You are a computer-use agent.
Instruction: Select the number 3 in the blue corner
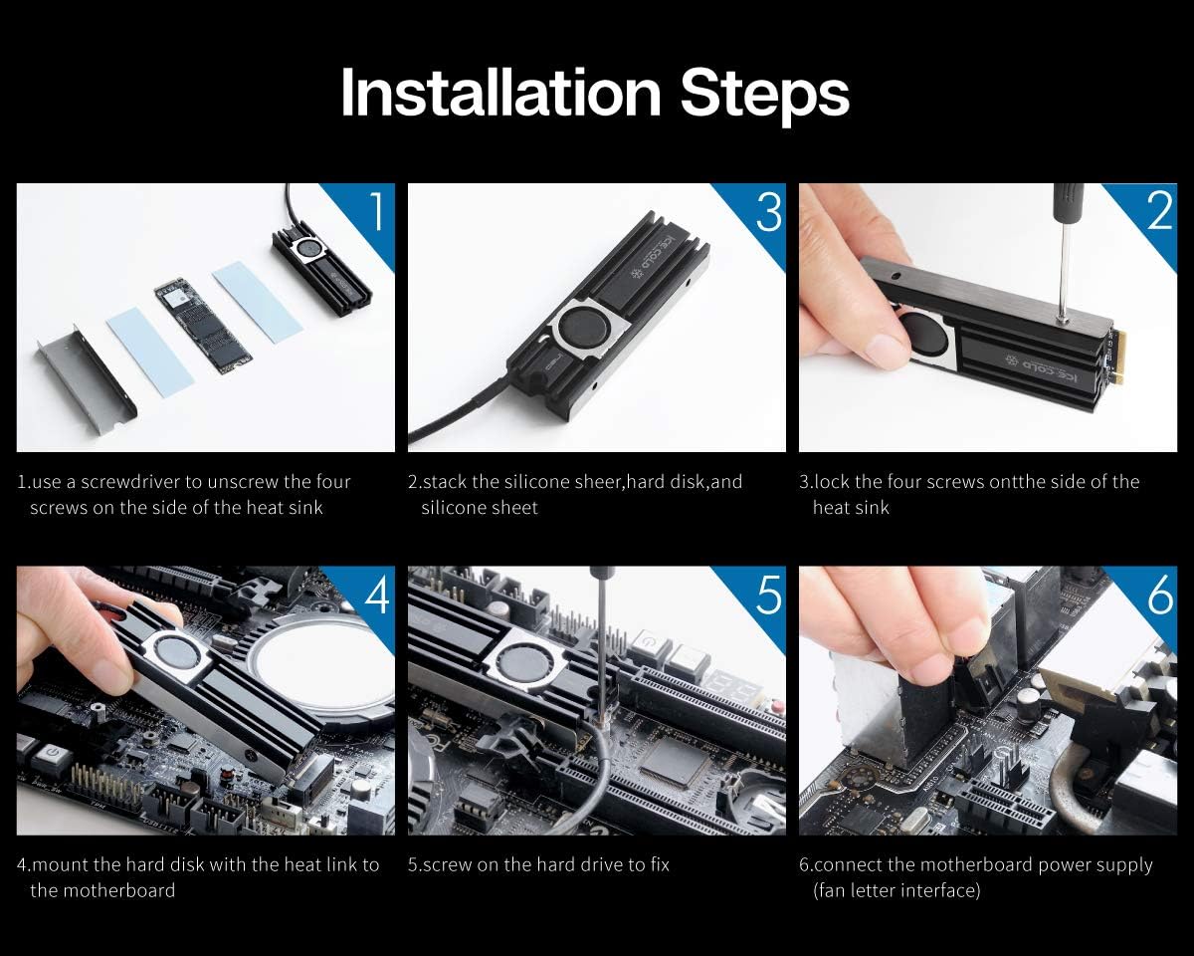(769, 211)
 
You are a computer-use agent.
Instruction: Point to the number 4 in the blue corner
(377, 595)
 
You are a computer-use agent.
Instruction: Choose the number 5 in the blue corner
(769, 595)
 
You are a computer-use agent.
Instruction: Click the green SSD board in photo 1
(203, 328)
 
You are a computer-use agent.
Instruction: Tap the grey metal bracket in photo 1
(87, 381)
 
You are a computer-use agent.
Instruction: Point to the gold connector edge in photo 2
(1120, 358)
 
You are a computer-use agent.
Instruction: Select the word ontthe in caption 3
(1019, 482)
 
